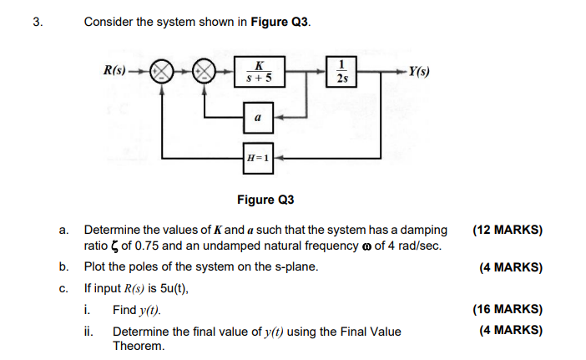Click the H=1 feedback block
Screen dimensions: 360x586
[259, 157]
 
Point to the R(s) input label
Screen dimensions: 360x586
[116, 72]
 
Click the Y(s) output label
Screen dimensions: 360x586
[418, 72]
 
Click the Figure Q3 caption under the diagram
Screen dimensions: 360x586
[266, 200]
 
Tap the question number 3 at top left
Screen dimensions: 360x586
[36, 23]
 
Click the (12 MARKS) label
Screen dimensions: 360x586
[507, 230]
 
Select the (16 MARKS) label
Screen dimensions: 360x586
[507, 310]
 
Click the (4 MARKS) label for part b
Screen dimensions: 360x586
[510, 268]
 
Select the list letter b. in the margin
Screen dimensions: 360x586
[64, 268]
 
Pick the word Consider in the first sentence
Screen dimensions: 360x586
[109, 23]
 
